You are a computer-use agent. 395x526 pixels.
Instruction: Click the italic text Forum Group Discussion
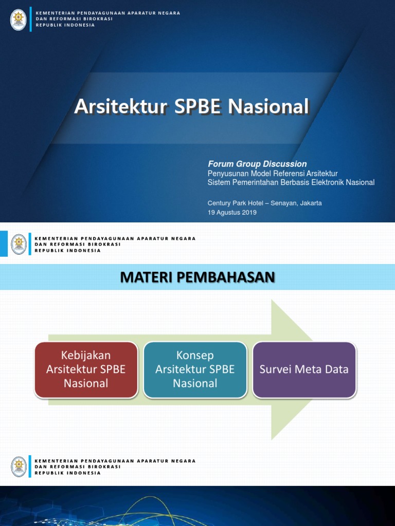pyautogui.click(x=257, y=164)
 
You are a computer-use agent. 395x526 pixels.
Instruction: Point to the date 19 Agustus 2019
pyautogui.click(x=232, y=212)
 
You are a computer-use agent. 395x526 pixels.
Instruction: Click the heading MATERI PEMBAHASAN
pyautogui.click(x=197, y=277)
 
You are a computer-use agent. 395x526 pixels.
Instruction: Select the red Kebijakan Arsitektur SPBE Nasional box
pyautogui.click(x=86, y=369)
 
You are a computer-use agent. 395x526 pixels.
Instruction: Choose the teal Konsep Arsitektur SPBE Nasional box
pyautogui.click(x=195, y=369)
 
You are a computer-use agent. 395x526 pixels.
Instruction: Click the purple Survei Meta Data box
pyautogui.click(x=304, y=369)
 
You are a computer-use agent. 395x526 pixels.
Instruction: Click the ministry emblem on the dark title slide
pyautogui.click(x=19, y=20)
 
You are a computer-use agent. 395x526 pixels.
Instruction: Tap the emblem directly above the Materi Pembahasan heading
pyautogui.click(x=19, y=245)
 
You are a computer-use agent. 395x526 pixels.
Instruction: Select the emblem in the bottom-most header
pyautogui.click(x=19, y=466)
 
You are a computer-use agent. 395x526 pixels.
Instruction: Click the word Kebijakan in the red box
pyautogui.click(x=86, y=355)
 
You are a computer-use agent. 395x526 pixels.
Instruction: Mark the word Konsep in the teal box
pyautogui.click(x=195, y=355)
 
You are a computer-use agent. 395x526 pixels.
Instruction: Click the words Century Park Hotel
pyautogui.click(x=236, y=203)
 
